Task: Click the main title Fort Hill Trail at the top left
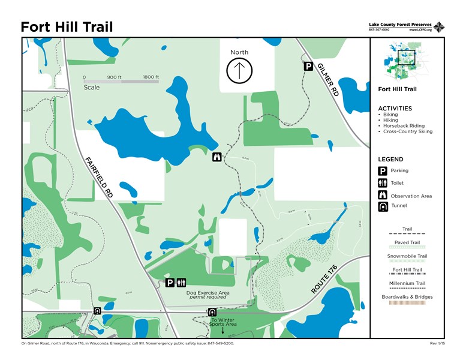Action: coord(67,27)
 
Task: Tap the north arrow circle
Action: coord(239,71)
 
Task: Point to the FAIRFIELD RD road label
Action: coord(99,178)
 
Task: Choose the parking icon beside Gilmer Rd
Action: coord(308,66)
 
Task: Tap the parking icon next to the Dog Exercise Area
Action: coord(170,283)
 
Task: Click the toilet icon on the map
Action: coord(182,283)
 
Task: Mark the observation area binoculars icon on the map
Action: coord(217,158)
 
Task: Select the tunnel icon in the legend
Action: coord(381,206)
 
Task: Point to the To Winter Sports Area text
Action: coord(223,322)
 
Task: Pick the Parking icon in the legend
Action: coord(381,171)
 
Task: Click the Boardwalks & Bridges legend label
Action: coord(407,297)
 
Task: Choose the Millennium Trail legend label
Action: coord(407,283)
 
